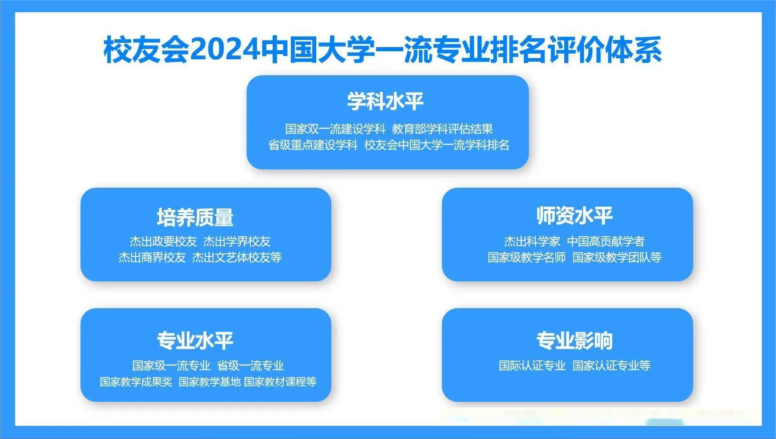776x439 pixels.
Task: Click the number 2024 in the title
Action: tap(225, 49)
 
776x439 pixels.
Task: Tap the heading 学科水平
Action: tap(385, 102)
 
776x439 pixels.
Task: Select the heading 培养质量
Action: tap(195, 217)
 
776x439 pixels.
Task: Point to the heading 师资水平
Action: tap(575, 216)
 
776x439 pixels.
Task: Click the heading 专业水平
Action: tap(195, 340)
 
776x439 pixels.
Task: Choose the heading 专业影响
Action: tap(575, 340)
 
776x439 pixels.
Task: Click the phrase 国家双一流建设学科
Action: tap(336, 129)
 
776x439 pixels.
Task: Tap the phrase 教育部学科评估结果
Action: tap(442, 129)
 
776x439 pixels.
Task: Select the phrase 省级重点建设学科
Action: tap(313, 145)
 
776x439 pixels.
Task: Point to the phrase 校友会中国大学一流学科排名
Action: tap(437, 145)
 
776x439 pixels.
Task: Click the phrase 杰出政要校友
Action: tap(163, 241)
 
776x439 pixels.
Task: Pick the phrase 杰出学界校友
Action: tap(237, 241)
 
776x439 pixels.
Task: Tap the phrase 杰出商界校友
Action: tap(152, 257)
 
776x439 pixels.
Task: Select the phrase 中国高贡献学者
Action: tap(606, 241)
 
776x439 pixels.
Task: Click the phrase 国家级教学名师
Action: tap(527, 257)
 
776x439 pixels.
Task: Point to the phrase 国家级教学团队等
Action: tap(617, 257)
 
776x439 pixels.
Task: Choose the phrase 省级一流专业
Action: tap(250, 366)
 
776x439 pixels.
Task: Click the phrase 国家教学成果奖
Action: tap(136, 382)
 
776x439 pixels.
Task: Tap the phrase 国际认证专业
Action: tap(532, 366)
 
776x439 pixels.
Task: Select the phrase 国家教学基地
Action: tap(209, 382)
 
